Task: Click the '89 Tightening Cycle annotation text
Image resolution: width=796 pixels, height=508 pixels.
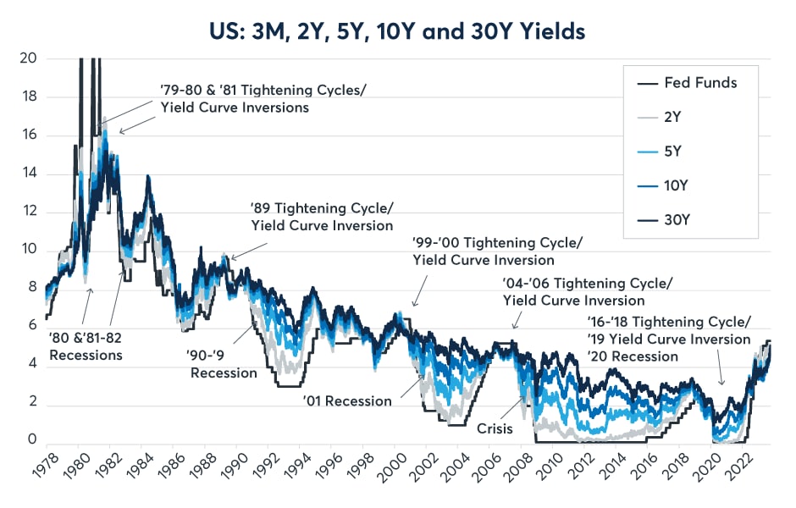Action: pyautogui.click(x=322, y=217)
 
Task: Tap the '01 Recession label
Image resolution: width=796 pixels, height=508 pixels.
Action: pyautogui.click(x=348, y=400)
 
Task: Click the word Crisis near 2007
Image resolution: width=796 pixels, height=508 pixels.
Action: pyautogui.click(x=495, y=428)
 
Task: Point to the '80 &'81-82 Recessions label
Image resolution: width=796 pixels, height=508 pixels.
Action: pyautogui.click(x=86, y=346)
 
